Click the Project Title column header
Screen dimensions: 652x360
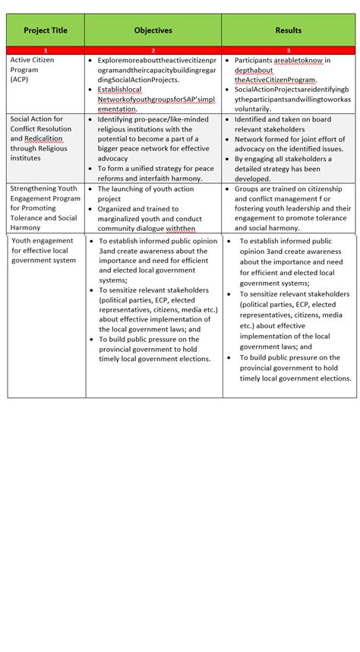click(45, 30)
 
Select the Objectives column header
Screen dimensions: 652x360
click(153, 30)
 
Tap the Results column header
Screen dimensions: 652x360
click(288, 30)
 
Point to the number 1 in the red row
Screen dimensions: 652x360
click(45, 50)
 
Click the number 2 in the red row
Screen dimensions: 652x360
click(153, 50)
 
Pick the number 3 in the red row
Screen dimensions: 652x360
click(288, 50)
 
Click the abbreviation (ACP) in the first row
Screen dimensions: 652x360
click(21, 78)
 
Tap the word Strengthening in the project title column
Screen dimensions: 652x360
click(34, 188)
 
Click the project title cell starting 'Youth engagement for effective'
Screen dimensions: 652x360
click(43, 250)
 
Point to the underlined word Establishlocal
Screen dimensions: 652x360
click(120, 90)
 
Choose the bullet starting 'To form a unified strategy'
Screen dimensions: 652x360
click(155, 169)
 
